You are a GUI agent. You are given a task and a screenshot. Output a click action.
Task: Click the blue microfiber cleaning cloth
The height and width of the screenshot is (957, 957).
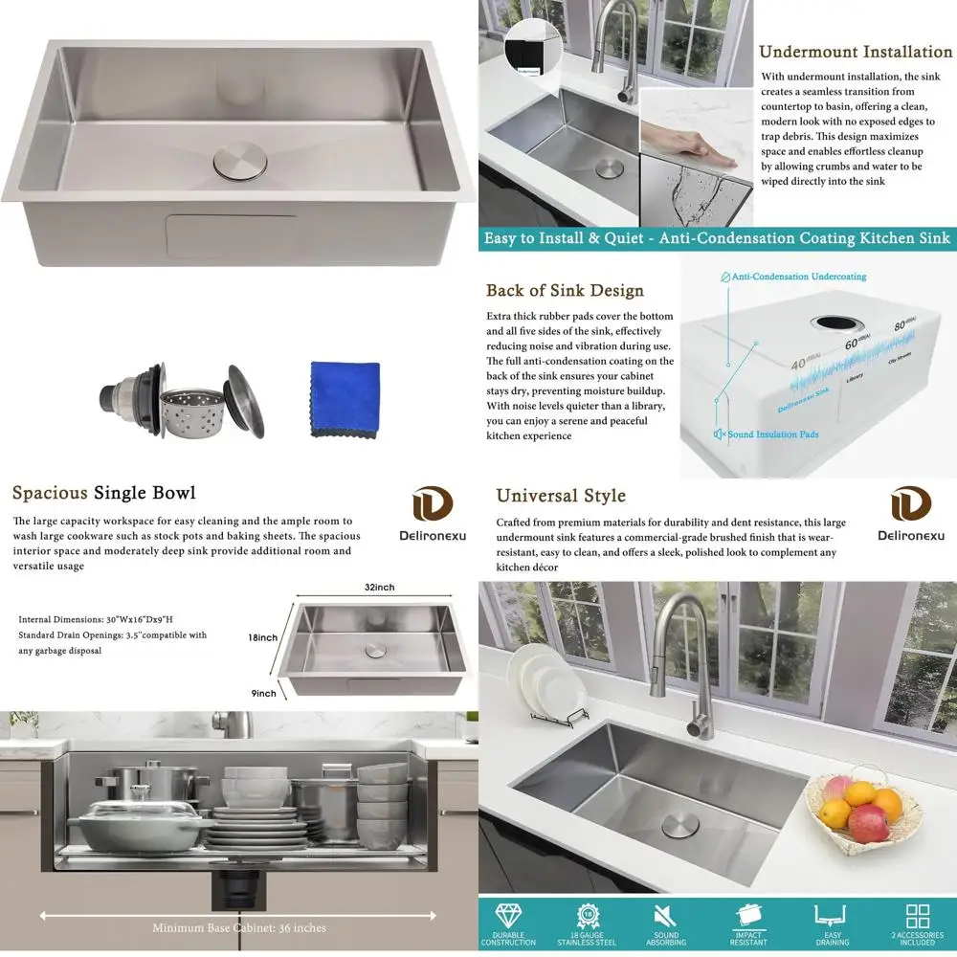coord(345,398)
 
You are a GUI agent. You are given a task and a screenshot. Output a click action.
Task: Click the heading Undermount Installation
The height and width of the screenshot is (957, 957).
coord(856,52)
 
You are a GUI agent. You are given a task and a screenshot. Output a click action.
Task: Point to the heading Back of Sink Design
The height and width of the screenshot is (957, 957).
coord(565,291)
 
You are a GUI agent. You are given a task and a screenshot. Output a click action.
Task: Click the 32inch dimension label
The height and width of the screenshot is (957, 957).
coord(379,587)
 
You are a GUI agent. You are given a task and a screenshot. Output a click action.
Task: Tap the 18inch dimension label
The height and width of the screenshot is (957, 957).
coord(262,638)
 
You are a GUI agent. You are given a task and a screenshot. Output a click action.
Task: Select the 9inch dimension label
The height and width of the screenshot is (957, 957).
coord(264,694)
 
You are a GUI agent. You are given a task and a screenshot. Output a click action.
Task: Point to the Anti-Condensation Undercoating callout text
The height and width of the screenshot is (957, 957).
coord(798,277)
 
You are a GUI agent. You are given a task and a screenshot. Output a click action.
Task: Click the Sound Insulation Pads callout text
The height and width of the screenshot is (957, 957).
coord(773,434)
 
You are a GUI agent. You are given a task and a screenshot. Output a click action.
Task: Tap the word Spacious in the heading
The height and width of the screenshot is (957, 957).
coord(50,494)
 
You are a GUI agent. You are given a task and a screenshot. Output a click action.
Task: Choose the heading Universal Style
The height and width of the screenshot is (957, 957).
coord(561,496)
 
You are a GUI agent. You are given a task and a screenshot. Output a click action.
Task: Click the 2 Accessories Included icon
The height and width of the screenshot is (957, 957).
coord(918,916)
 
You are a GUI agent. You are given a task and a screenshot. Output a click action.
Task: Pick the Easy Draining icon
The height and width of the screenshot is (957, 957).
coord(830,916)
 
